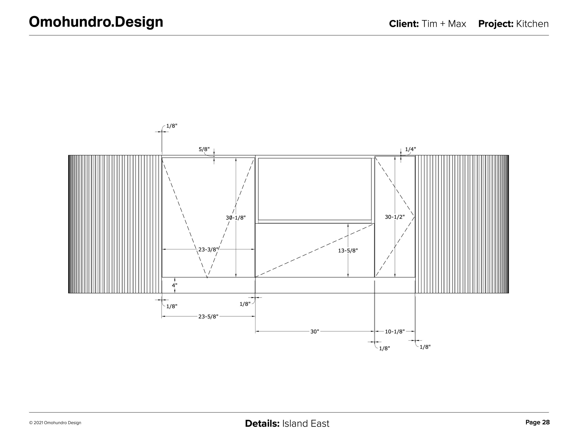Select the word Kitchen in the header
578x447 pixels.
(x=532, y=24)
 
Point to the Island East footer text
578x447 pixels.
(x=306, y=424)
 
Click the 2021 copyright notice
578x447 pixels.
(x=55, y=423)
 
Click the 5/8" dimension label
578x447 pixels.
(x=204, y=149)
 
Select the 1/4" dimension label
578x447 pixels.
(x=410, y=149)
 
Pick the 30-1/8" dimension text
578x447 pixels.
(x=236, y=218)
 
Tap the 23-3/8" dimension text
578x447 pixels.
(x=209, y=249)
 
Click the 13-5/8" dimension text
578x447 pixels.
(x=348, y=251)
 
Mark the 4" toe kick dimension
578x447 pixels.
(x=174, y=286)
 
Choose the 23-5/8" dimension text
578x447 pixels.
(x=208, y=317)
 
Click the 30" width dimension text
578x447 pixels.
(x=315, y=332)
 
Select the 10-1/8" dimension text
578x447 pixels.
(x=395, y=332)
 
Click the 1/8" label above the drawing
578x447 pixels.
(x=172, y=126)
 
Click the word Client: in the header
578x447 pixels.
(x=404, y=24)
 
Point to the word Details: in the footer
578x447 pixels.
(x=262, y=424)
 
